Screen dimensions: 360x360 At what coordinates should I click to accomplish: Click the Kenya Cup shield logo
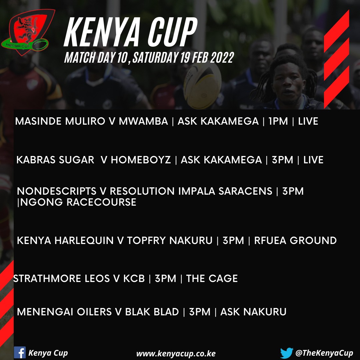(x=28, y=32)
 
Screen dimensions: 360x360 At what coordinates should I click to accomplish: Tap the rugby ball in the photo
(x=202, y=86)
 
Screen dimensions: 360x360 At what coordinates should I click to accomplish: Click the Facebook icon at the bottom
(x=20, y=352)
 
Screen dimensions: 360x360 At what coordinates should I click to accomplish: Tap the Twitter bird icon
(x=287, y=353)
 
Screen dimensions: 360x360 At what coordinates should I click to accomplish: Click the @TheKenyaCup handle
(x=324, y=353)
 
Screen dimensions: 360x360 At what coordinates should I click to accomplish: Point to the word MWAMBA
(x=143, y=121)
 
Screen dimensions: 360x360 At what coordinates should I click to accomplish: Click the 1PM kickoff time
(x=278, y=121)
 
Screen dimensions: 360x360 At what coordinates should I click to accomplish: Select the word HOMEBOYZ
(x=141, y=160)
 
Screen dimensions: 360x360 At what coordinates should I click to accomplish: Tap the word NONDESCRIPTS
(x=57, y=191)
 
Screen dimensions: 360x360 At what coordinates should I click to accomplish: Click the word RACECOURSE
(x=101, y=202)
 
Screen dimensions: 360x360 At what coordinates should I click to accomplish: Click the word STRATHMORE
(x=47, y=278)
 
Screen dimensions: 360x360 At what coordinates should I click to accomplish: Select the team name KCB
(x=134, y=278)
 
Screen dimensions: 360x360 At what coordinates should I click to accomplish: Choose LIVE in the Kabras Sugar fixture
(x=313, y=160)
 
